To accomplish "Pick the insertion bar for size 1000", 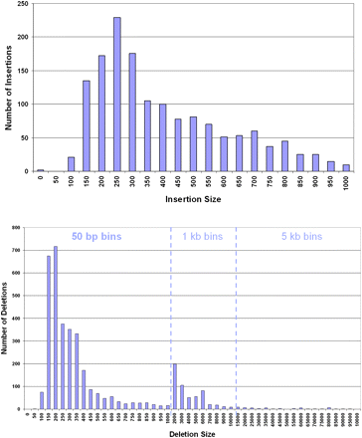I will [346, 168].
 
